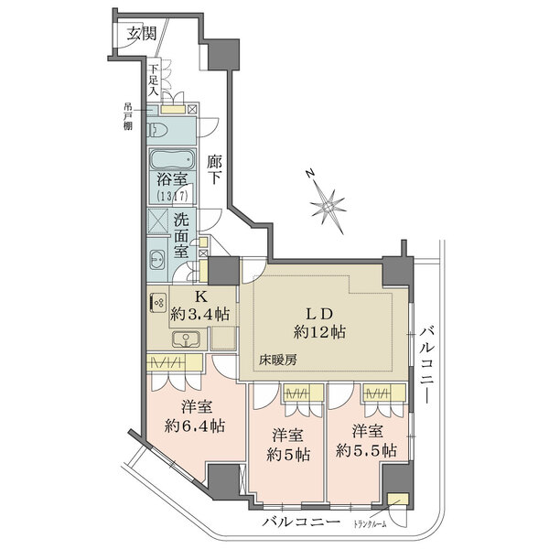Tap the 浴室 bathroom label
[170, 183]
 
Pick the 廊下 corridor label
[215, 170]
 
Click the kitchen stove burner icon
[156, 302]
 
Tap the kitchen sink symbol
[183, 339]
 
